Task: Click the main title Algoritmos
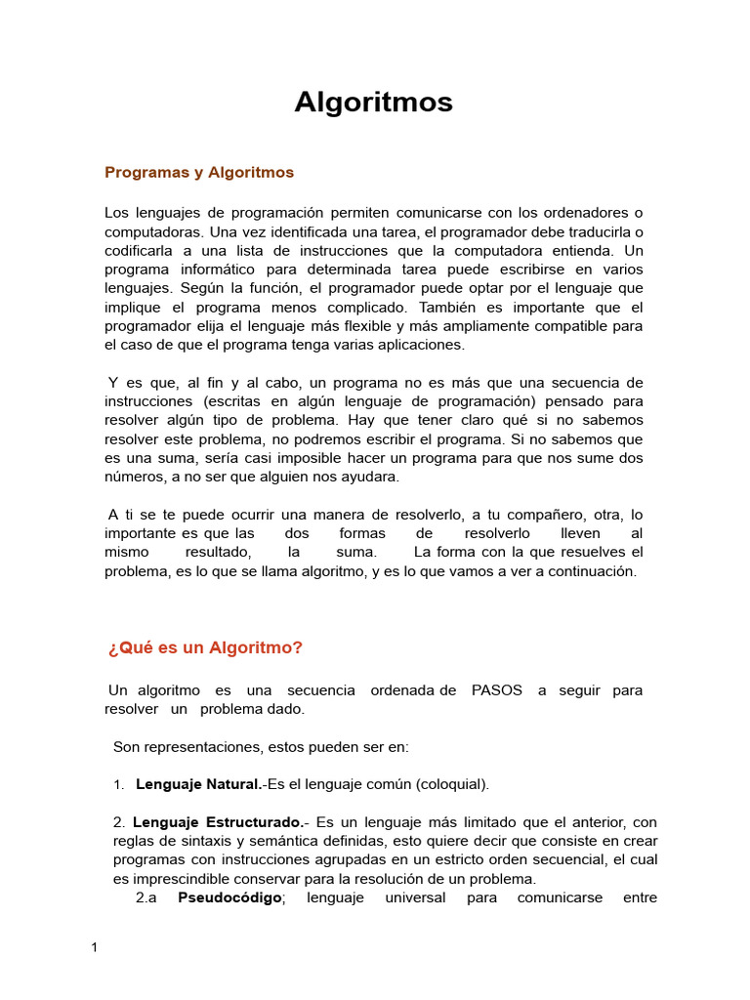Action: pyautogui.click(x=374, y=103)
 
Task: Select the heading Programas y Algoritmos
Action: pyautogui.click(x=199, y=173)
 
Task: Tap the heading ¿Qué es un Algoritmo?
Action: pyautogui.click(x=206, y=647)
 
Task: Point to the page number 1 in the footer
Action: pyautogui.click(x=95, y=947)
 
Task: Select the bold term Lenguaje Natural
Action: pyautogui.click(x=198, y=784)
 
